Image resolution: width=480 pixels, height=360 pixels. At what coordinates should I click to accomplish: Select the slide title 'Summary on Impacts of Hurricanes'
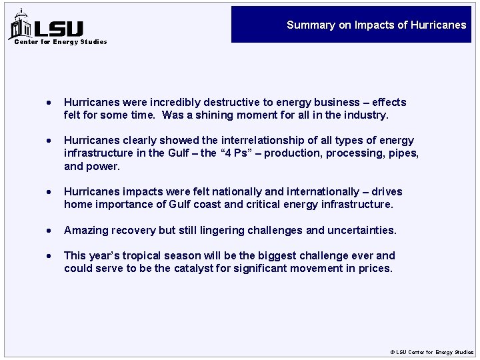click(376, 25)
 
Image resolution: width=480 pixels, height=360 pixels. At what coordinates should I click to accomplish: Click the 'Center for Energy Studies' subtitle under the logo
click(61, 42)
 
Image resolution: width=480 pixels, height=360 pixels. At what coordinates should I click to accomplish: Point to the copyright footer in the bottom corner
click(431, 352)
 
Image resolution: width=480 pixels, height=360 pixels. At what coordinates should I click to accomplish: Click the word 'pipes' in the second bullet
click(403, 153)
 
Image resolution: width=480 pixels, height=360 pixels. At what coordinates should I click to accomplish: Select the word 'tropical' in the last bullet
click(141, 256)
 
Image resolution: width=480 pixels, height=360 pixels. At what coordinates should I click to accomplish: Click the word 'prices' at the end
click(376, 269)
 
